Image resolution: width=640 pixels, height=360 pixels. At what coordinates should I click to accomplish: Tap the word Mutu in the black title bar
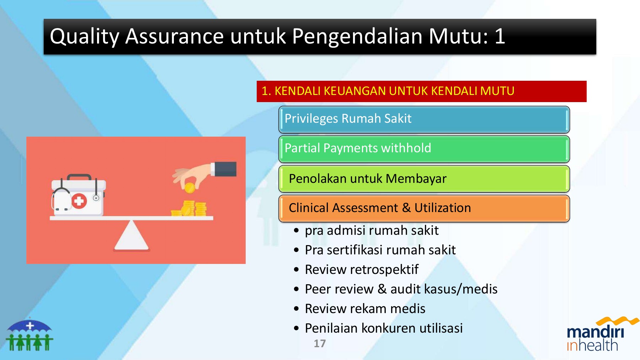tap(459, 36)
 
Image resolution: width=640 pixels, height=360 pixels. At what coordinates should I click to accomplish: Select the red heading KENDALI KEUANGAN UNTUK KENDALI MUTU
tap(388, 91)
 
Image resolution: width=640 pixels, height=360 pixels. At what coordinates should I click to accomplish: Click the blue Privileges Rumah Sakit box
tap(424, 120)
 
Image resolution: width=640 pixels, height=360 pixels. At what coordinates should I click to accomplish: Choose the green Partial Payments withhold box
tap(424, 149)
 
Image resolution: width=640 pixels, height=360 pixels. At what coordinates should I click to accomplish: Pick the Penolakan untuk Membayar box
tap(424, 179)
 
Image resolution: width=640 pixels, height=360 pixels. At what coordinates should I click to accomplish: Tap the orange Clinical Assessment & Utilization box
tap(424, 208)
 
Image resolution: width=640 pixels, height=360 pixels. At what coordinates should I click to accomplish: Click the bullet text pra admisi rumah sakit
tap(372, 231)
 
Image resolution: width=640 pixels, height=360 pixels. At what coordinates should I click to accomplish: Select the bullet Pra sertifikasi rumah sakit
tap(380, 250)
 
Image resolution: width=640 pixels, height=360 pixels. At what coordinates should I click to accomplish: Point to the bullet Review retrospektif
tap(362, 270)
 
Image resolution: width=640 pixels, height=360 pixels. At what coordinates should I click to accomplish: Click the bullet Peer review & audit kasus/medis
tap(401, 289)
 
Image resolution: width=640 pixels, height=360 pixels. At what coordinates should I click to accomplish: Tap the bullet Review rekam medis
tap(365, 308)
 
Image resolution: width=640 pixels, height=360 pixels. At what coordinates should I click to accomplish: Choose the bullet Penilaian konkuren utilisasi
tap(384, 328)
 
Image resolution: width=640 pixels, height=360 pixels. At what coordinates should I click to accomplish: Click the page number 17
tap(320, 344)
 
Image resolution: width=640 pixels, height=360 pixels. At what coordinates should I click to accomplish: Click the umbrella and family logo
tap(30, 334)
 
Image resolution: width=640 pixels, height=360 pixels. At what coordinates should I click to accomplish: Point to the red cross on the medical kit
tap(79, 201)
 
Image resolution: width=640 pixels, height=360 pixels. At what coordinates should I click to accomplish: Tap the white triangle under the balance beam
tap(131, 235)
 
